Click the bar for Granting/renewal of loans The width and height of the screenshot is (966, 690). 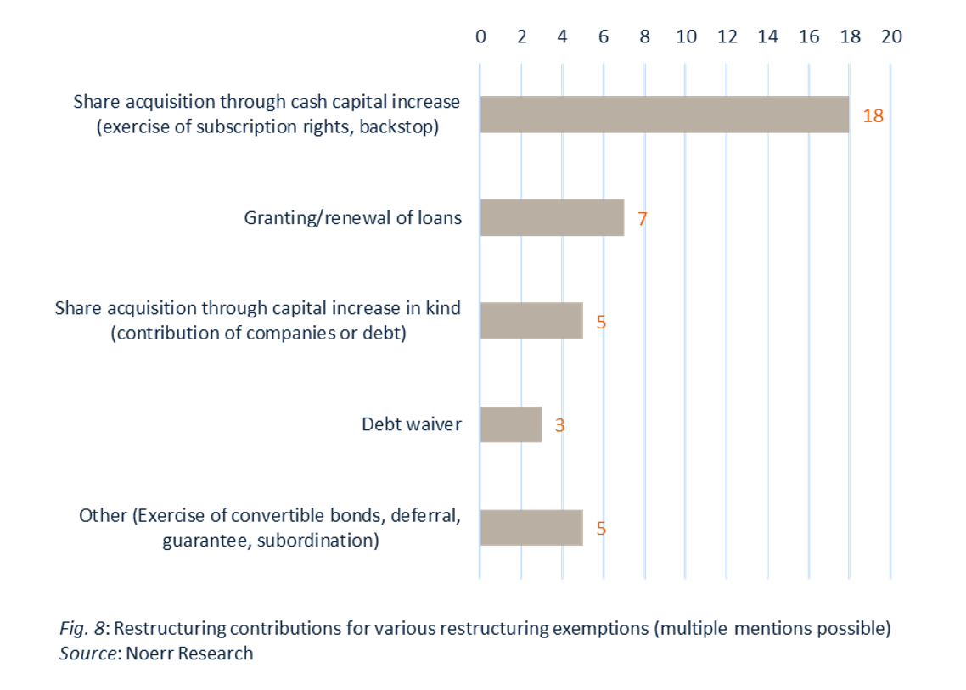pyautogui.click(x=552, y=217)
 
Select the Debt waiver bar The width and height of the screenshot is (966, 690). pyautogui.click(x=511, y=424)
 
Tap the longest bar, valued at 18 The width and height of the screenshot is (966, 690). pyautogui.click(x=665, y=115)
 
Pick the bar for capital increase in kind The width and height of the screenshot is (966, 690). pyautogui.click(x=531, y=321)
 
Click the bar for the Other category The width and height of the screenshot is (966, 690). pyautogui.click(x=531, y=527)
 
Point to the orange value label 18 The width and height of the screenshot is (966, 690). pyautogui.click(x=873, y=116)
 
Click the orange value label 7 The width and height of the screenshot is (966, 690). pyautogui.click(x=643, y=219)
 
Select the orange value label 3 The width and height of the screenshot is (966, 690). pyautogui.click(x=560, y=425)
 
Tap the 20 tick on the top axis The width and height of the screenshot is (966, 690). pyautogui.click(x=891, y=36)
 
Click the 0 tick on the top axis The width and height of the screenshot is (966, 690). pyautogui.click(x=480, y=36)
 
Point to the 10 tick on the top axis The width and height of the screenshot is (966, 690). pyautogui.click(x=686, y=36)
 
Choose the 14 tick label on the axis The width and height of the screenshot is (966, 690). pyautogui.click(x=767, y=36)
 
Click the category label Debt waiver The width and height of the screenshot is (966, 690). pyautogui.click(x=412, y=424)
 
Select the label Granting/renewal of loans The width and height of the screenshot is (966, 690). pyautogui.click(x=353, y=218)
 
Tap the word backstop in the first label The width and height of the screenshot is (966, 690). pyautogui.click(x=405, y=126)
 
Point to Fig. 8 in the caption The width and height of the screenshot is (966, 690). pyautogui.click(x=82, y=630)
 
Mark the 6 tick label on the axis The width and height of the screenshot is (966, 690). pyautogui.click(x=604, y=36)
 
